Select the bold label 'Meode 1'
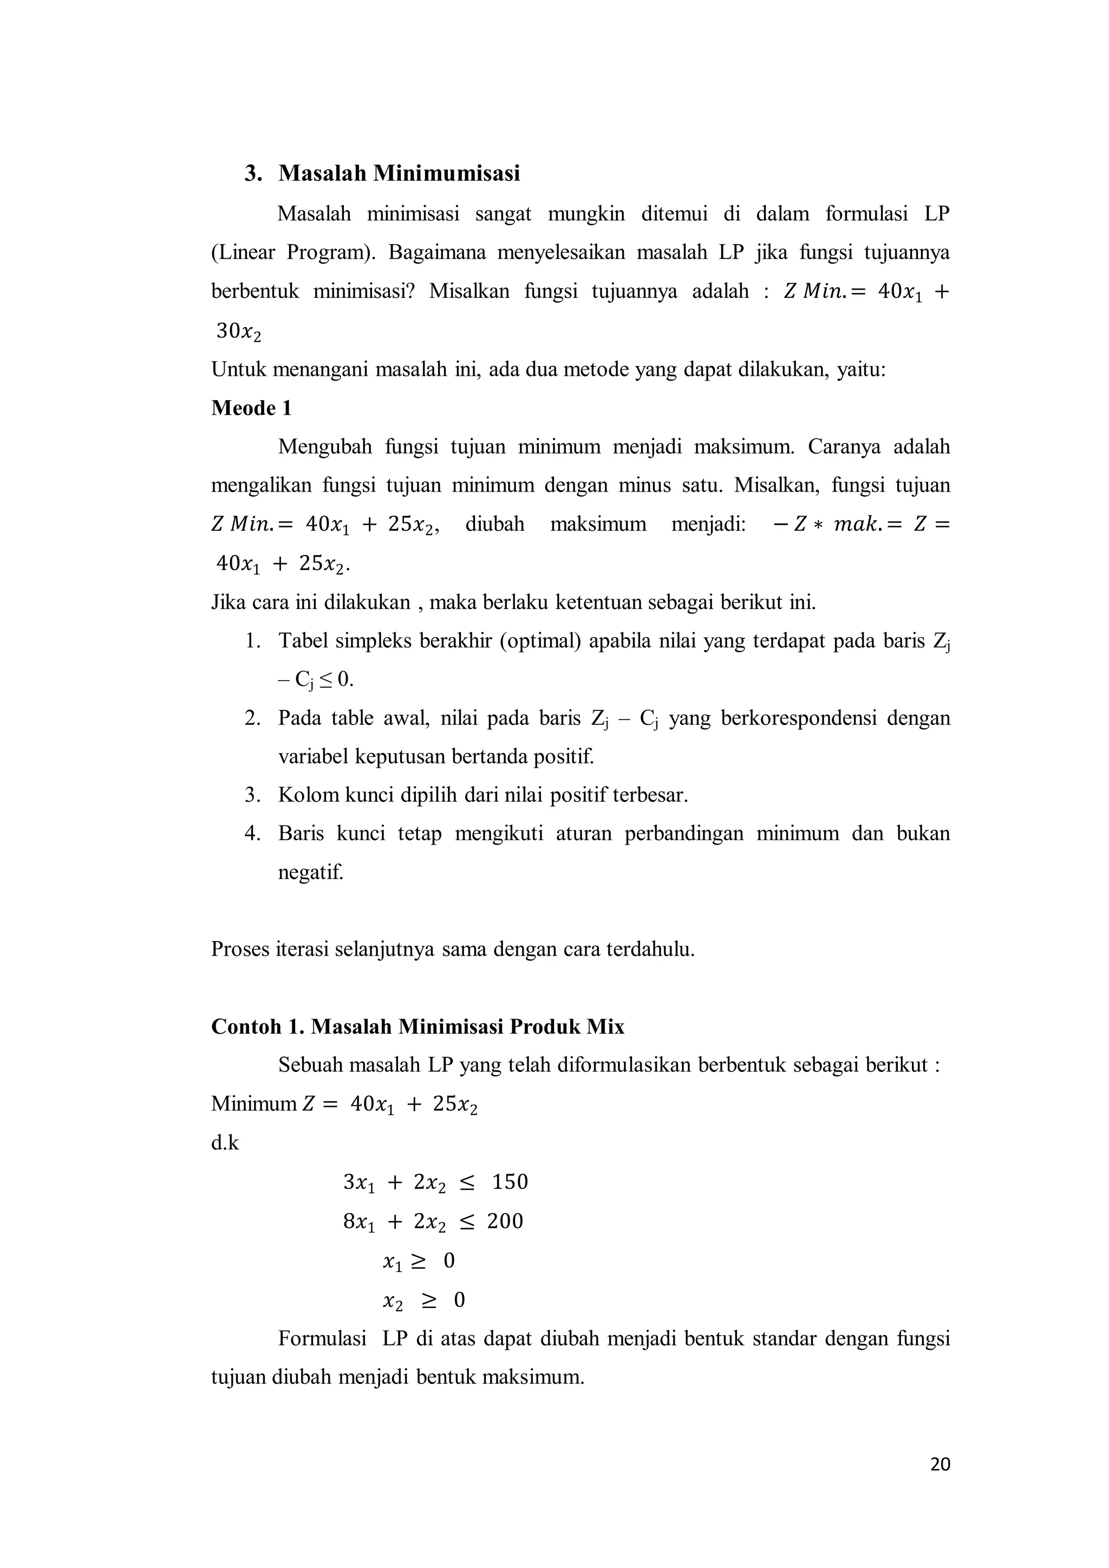tap(251, 408)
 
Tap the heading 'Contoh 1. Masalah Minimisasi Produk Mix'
tap(417, 1027)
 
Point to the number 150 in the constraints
tap(510, 1182)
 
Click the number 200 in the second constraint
tap(505, 1221)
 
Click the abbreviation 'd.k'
tap(225, 1142)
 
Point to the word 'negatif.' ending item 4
tap(311, 872)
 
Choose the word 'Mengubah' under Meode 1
tap(324, 447)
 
